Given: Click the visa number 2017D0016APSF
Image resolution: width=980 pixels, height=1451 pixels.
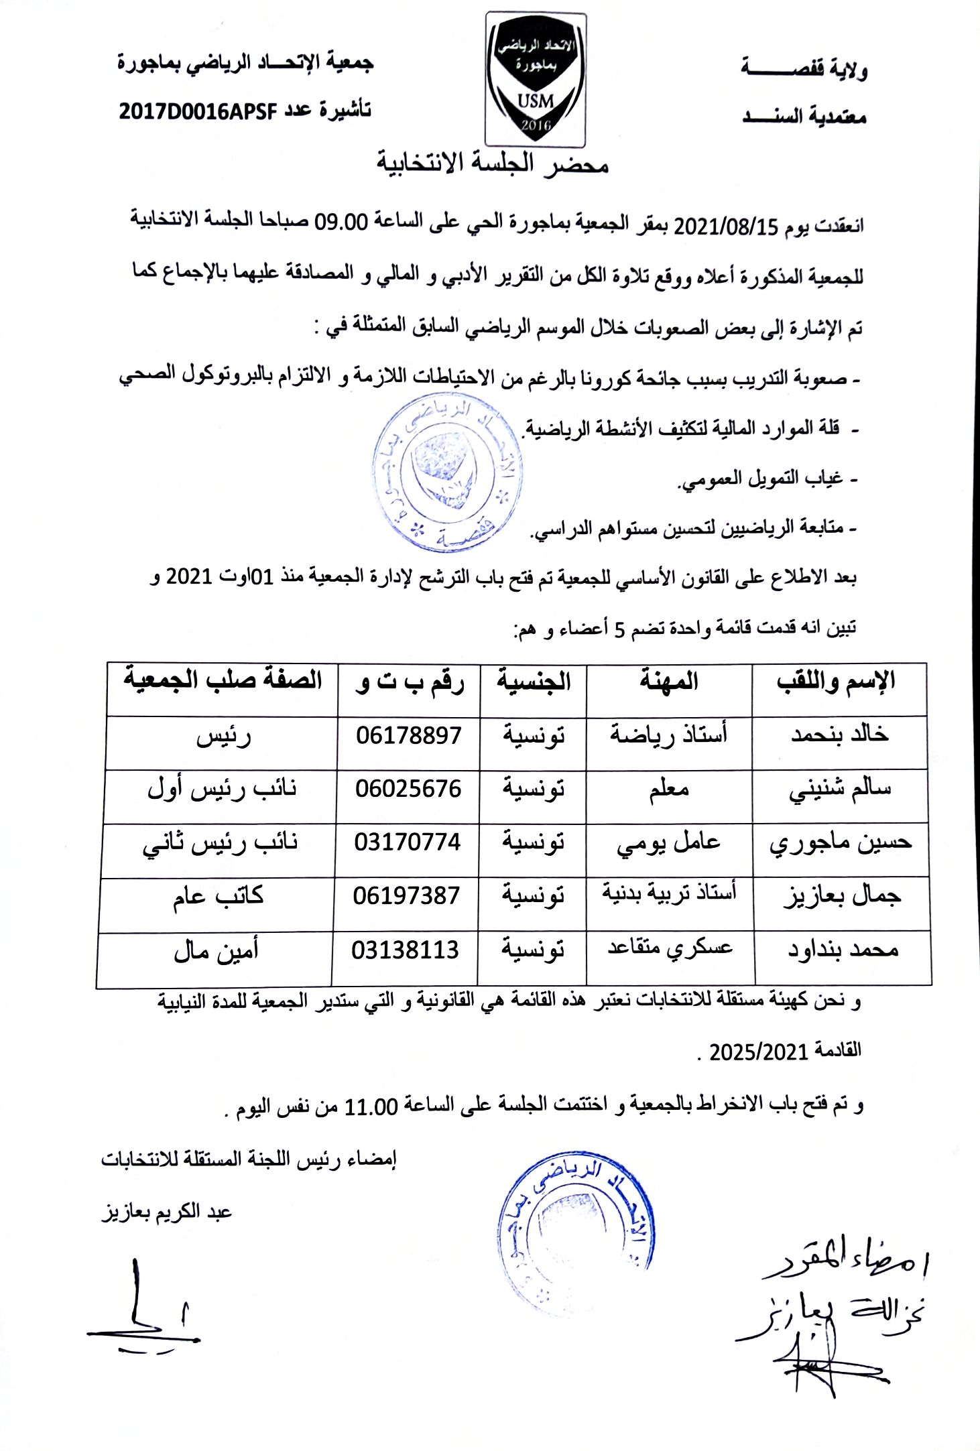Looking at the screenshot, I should point(198,111).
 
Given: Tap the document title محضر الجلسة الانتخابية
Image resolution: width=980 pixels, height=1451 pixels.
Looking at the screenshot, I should point(492,163).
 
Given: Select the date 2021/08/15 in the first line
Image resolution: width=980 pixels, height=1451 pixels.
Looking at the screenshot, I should point(724,226).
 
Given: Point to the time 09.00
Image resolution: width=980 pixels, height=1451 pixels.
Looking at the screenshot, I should point(342,221).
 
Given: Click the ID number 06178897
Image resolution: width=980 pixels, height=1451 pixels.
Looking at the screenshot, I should point(408,736).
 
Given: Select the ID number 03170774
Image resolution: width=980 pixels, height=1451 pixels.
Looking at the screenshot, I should point(408,842).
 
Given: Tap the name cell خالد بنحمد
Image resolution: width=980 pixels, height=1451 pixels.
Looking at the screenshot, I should point(839,735).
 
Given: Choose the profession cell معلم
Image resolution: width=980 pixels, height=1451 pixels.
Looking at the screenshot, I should point(668,789).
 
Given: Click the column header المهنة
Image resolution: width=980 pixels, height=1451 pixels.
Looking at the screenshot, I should point(668,682).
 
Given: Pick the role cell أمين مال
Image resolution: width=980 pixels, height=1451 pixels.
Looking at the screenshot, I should point(216,951).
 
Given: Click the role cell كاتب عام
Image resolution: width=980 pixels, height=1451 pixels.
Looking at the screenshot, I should point(218,896).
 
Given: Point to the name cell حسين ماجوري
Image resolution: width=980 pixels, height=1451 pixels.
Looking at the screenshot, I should point(841,843).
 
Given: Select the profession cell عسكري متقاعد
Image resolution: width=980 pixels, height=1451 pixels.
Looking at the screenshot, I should point(670,948).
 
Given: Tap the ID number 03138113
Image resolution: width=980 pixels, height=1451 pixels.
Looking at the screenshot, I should point(406,950).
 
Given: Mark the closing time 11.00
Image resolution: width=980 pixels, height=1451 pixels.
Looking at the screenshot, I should point(371,1107).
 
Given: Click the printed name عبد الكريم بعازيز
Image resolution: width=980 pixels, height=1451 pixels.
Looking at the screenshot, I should point(167,1212).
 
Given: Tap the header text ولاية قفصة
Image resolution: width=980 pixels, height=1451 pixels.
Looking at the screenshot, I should point(804,68).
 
